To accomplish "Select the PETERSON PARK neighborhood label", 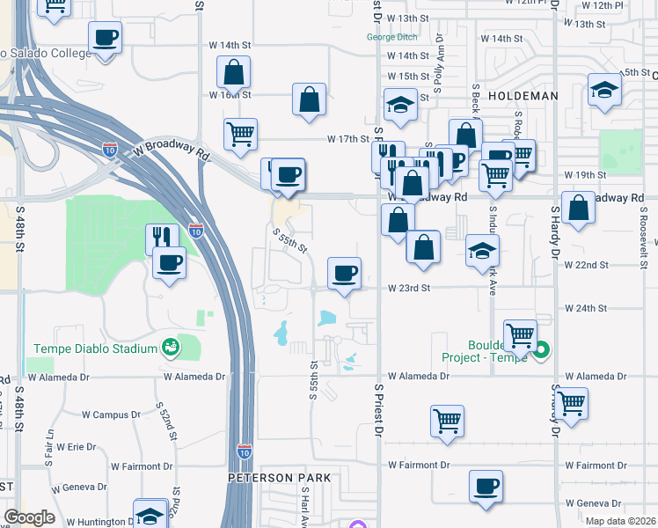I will (x=279, y=478).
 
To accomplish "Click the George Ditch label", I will (x=392, y=37).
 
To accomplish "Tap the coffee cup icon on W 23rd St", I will (x=344, y=272).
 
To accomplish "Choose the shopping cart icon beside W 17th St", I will (x=239, y=135).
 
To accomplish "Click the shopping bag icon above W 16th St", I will (x=233, y=71).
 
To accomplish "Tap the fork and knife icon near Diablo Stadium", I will (x=162, y=238).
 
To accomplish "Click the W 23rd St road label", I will (x=409, y=288).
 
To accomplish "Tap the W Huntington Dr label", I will (x=97, y=522).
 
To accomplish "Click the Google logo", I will (x=29, y=517).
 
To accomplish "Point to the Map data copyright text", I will (x=620, y=521).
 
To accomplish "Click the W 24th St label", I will (x=586, y=308).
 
